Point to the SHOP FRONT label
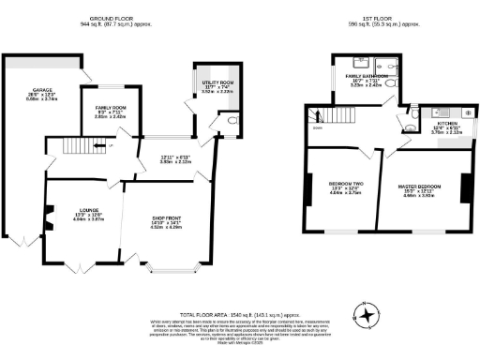[152, 222]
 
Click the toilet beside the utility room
[230, 121]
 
